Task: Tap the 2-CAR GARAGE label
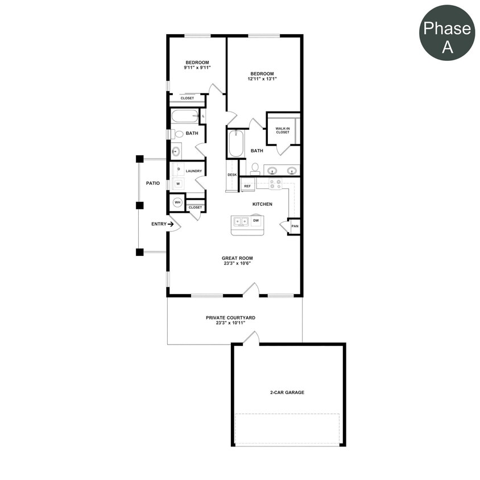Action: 287,392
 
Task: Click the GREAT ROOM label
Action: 237,258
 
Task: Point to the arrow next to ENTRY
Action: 171,224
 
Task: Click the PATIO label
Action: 152,183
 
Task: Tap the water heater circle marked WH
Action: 177,202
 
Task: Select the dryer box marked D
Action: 178,169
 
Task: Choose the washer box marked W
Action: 178,184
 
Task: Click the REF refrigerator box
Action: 247,185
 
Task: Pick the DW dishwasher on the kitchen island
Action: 256,220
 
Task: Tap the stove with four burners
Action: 275,184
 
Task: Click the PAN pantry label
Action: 295,226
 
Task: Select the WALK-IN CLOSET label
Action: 283,130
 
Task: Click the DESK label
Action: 232,175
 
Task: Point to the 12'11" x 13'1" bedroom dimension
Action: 262,79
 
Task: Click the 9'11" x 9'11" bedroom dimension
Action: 197,67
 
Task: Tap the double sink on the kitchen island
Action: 241,221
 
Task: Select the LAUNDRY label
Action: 194,170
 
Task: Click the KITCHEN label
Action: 262,204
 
